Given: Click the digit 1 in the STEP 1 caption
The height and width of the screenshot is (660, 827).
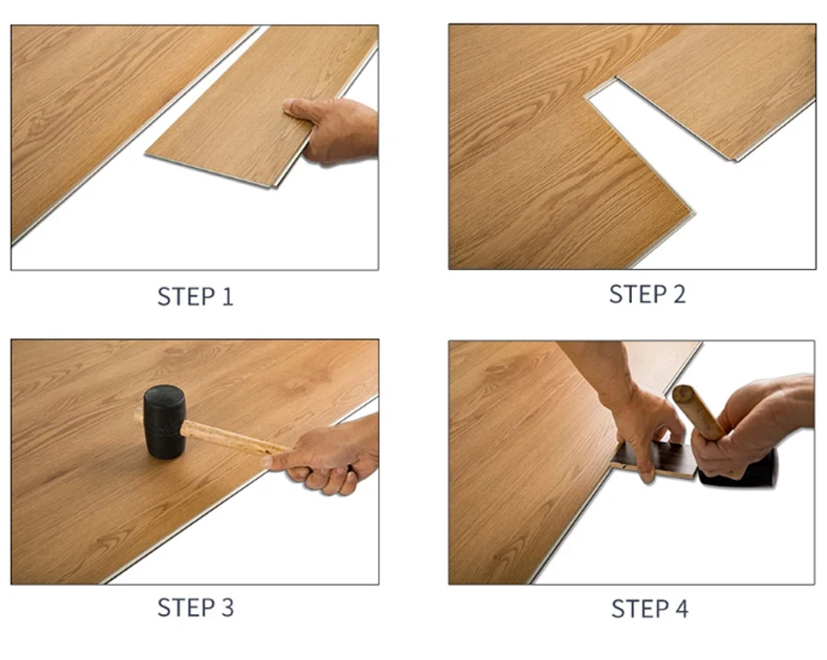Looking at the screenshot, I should (x=227, y=297).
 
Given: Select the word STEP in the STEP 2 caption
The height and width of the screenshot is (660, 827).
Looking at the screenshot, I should (x=637, y=294).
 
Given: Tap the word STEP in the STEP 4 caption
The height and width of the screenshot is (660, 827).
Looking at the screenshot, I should (x=639, y=608).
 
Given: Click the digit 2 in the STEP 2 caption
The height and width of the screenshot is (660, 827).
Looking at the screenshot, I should (x=678, y=294).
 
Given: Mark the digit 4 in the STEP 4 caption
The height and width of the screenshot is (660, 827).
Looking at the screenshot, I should (x=680, y=608).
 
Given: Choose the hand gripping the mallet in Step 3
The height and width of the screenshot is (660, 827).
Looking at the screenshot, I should (x=323, y=457).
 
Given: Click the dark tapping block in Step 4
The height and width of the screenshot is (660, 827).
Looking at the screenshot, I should (x=656, y=459).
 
